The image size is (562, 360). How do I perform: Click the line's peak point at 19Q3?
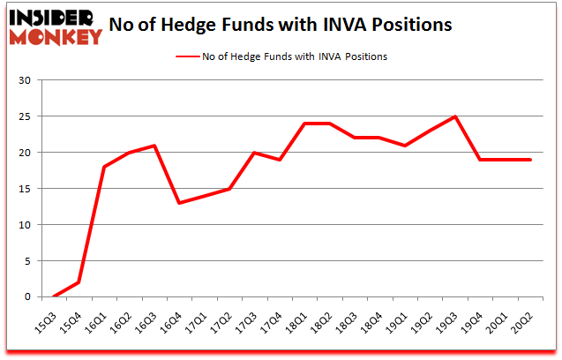(456, 116)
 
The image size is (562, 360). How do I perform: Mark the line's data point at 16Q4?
(179, 203)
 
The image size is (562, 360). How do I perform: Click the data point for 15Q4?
(79, 282)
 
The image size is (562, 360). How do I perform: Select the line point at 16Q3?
(154, 146)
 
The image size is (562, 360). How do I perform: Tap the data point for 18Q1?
(305, 124)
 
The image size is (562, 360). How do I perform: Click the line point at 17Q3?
(255, 153)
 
